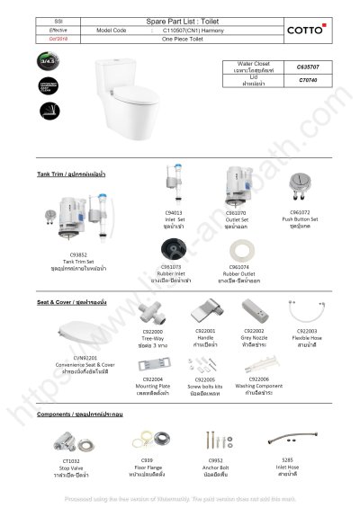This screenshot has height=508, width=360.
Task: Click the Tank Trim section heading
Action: pos(72,173)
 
